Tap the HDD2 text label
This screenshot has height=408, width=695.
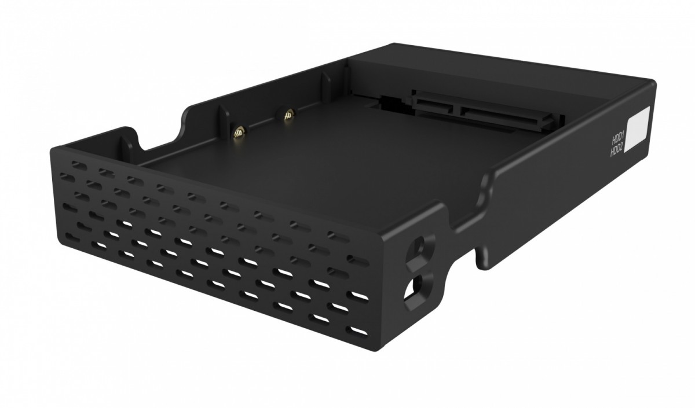click(x=617, y=152)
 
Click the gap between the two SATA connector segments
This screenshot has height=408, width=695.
click(x=458, y=106)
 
